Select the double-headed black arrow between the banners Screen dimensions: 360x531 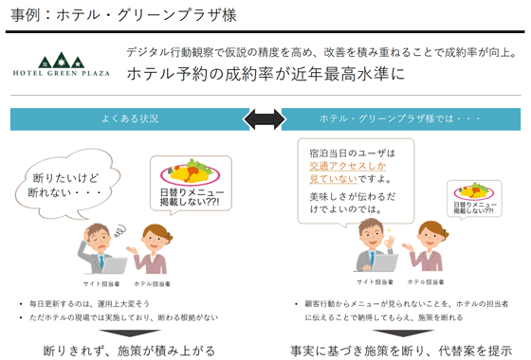pos(265,118)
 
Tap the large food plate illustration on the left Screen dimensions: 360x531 pos(186,174)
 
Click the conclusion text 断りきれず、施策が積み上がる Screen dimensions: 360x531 pos(134,351)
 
